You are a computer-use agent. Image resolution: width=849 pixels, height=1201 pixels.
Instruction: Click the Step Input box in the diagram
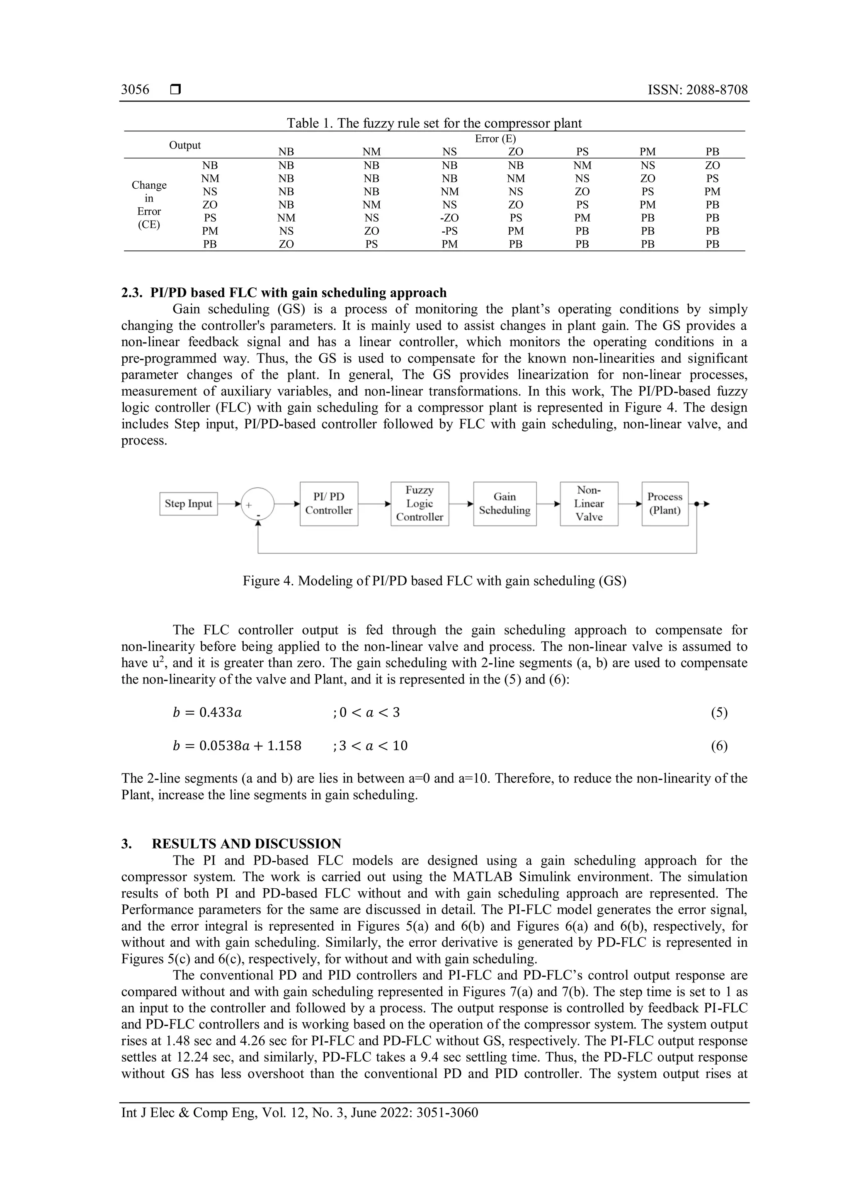[x=188, y=504]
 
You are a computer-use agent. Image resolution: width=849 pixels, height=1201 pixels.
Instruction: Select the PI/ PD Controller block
[x=329, y=504]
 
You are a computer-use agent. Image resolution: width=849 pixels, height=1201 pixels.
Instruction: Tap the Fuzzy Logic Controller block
[x=419, y=504]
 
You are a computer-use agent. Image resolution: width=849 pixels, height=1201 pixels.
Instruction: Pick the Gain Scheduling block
[x=505, y=504]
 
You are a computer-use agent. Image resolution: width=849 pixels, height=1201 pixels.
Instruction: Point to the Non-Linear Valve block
[x=589, y=504]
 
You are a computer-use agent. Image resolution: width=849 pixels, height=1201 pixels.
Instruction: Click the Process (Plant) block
[x=665, y=504]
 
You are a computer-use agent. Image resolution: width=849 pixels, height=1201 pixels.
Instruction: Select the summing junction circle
[x=257, y=504]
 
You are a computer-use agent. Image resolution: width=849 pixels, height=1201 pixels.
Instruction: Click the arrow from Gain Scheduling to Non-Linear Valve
[x=548, y=504]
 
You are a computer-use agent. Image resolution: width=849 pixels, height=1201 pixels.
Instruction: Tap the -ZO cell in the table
[x=449, y=218]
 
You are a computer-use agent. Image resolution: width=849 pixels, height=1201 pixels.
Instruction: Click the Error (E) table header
[x=495, y=139]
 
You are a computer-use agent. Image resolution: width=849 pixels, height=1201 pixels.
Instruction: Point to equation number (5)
[x=719, y=712]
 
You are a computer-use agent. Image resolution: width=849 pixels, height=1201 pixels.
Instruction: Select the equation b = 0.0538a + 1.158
[x=237, y=746]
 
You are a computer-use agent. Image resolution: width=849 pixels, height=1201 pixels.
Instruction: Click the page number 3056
[x=135, y=90]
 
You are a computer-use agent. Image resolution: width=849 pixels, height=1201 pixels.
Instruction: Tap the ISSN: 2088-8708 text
[x=697, y=90]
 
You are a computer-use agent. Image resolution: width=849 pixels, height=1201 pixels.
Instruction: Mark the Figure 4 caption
[x=434, y=581]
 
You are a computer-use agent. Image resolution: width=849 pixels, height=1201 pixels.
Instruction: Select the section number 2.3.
[x=131, y=293]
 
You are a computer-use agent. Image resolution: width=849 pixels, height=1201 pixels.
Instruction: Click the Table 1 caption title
[x=434, y=124]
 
